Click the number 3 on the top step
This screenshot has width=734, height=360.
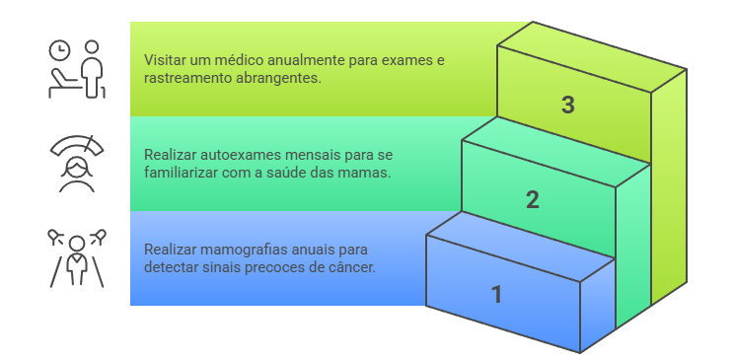(567, 106)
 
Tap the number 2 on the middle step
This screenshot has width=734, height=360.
(533, 200)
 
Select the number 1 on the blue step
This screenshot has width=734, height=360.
(496, 294)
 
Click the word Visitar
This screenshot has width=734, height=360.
(166, 60)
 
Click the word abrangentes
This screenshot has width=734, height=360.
(277, 78)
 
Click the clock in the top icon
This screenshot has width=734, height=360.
(60, 48)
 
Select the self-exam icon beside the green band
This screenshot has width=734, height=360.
(77, 163)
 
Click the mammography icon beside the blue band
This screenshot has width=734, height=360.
(77, 256)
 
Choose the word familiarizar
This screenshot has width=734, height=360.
(183, 173)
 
